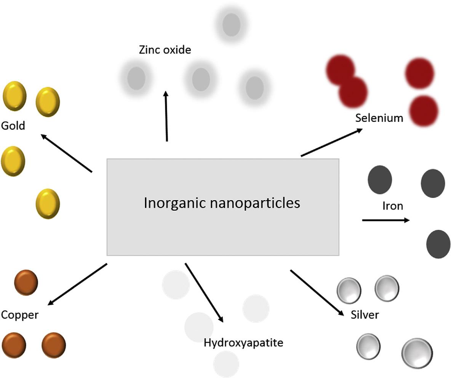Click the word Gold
click(13, 126)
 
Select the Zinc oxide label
click(165, 50)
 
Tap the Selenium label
click(379, 118)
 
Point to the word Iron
click(392, 206)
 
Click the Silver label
click(365, 315)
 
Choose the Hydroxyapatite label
click(243, 343)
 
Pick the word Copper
click(20, 315)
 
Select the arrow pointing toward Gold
click(66, 153)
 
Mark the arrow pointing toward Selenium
click(331, 143)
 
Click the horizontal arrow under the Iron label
click(385, 220)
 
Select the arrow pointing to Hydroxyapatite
click(204, 292)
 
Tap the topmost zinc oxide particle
click(231, 25)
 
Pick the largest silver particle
click(417, 353)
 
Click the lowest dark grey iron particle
click(438, 244)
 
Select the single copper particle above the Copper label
click(26, 282)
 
